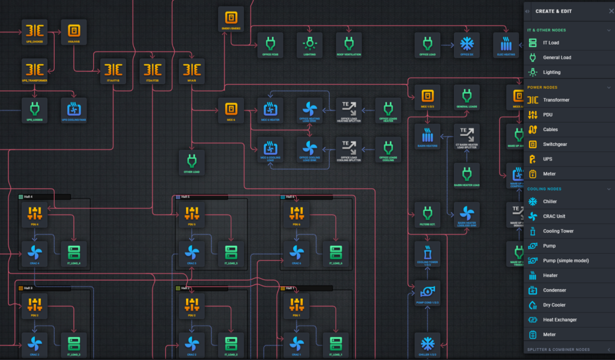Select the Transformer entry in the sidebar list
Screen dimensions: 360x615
556,100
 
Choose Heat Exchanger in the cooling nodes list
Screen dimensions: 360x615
560,320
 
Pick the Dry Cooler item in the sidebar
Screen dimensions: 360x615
554,305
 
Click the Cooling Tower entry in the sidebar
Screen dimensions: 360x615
558,231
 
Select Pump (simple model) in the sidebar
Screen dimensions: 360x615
566,260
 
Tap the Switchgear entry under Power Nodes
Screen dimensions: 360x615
554,144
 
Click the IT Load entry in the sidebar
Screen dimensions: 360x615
551,43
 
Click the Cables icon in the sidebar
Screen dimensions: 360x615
533,129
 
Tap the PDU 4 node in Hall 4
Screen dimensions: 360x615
34,213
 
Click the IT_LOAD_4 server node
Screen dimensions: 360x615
73,251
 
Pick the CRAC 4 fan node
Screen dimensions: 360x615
34,251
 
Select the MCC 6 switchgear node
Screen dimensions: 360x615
231,110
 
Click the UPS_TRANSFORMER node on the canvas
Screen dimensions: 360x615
34,70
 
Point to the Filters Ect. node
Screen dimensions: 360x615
428,215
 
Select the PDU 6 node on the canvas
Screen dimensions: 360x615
296,213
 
